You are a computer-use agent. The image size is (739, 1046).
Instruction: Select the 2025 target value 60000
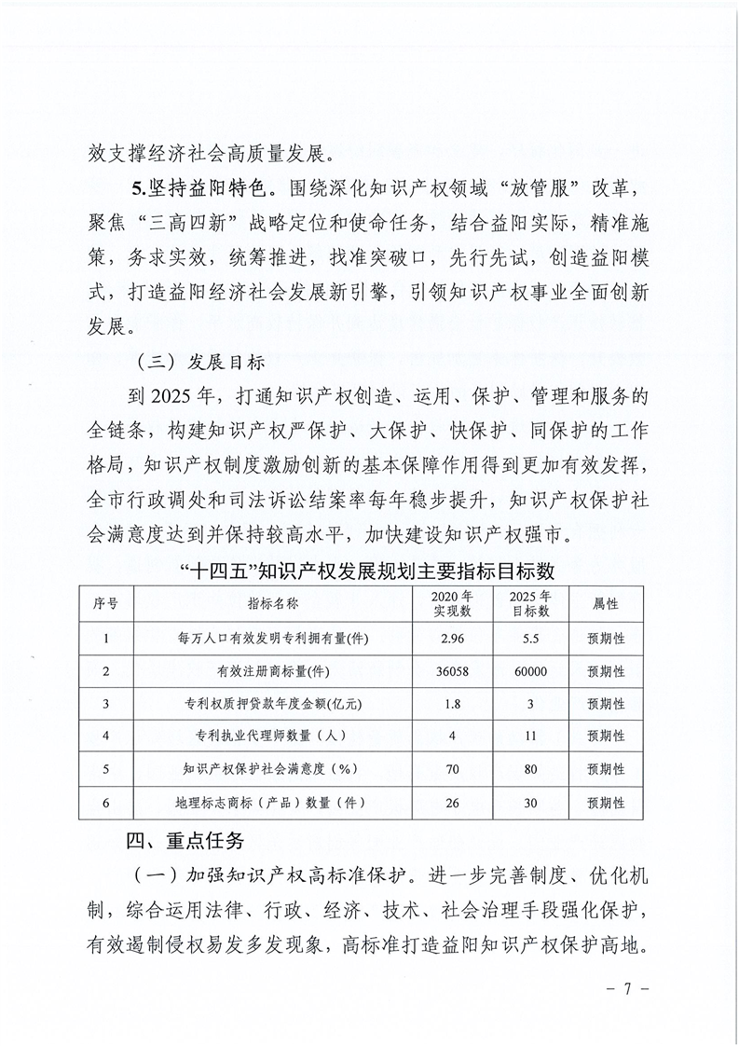coord(531,671)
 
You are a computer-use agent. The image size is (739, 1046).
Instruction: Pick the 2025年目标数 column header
coord(531,603)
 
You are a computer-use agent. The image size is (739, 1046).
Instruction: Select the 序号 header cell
coord(106,603)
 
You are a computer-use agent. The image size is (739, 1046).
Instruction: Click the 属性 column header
coord(606,603)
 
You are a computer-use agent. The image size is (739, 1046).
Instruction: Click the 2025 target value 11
coord(531,736)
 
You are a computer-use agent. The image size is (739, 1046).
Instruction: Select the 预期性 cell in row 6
coord(606,802)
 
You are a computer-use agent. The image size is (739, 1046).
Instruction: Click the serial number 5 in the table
coord(106,769)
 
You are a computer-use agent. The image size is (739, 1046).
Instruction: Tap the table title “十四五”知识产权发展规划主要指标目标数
coord(369,568)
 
